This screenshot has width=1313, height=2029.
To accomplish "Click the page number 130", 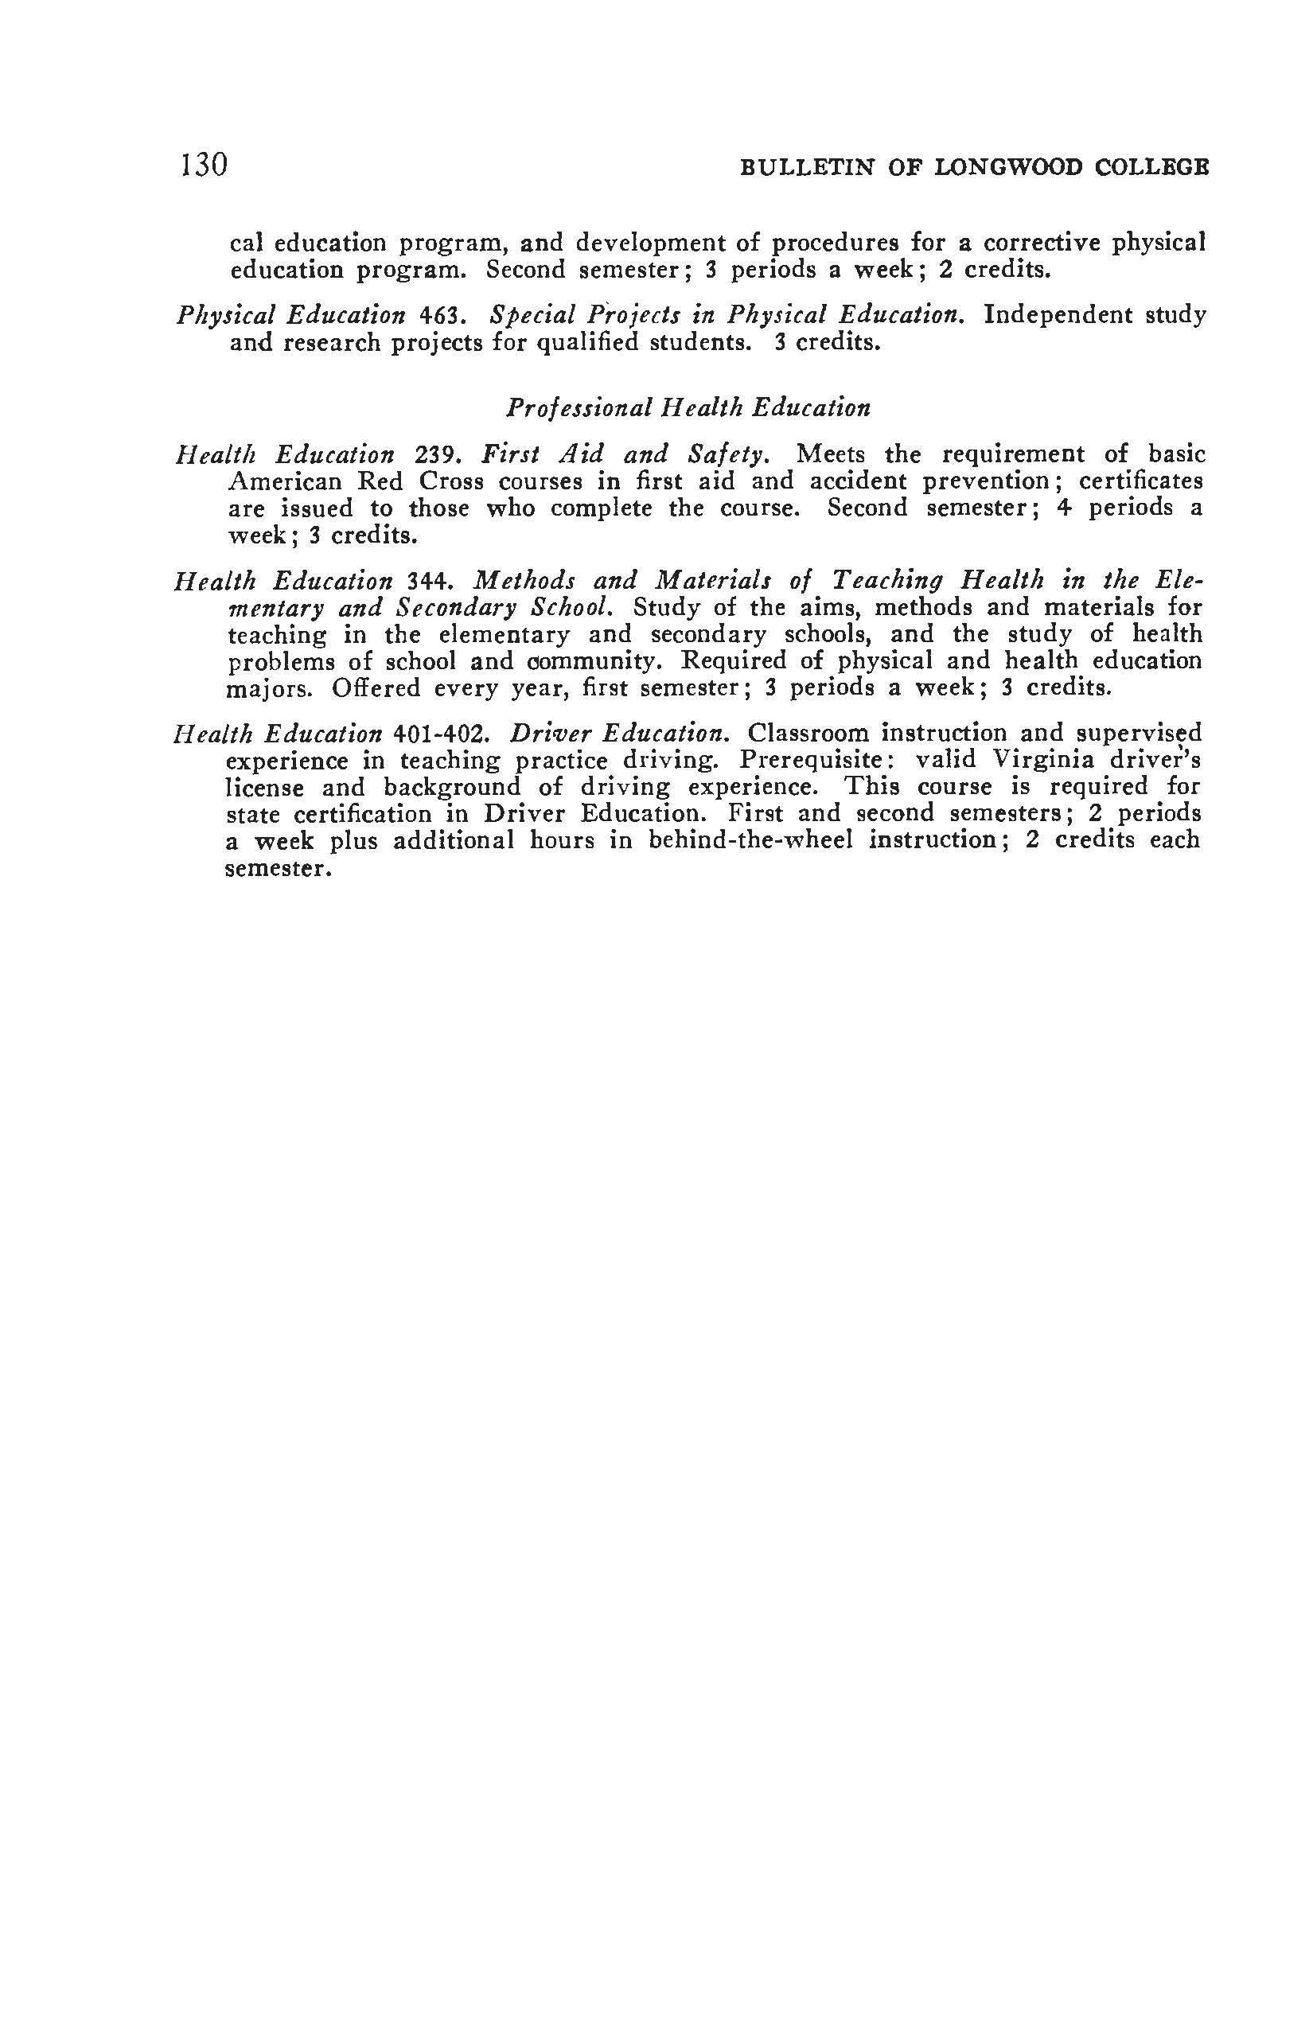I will point(204,164).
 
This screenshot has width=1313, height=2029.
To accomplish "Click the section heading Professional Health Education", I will point(688,407).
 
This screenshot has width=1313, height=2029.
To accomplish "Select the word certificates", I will point(1141,481).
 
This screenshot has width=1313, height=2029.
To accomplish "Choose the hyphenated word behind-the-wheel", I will point(750,840).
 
